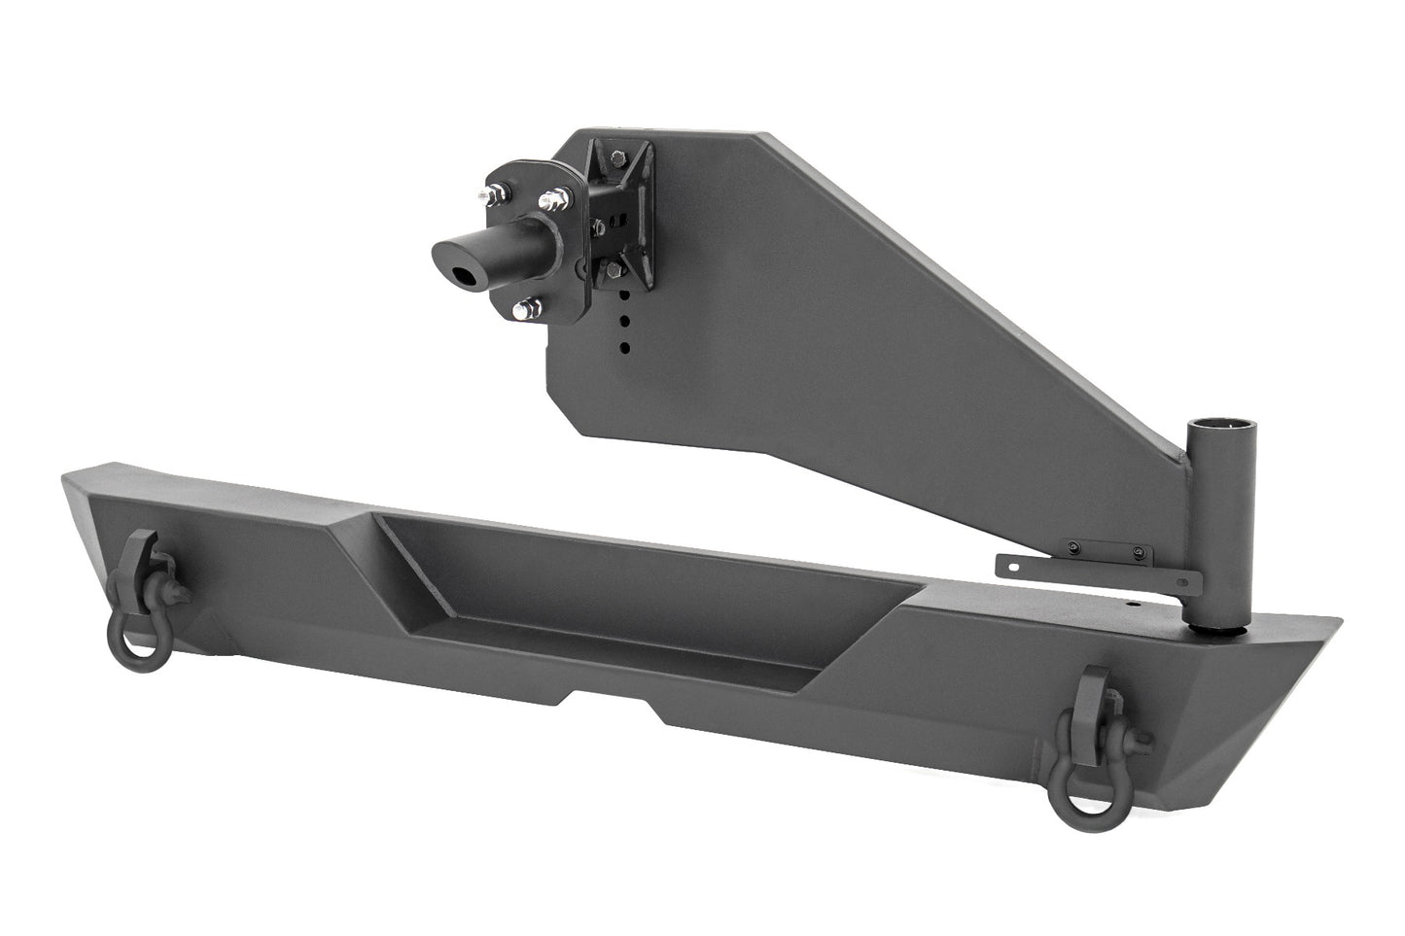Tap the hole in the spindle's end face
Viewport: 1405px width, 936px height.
469,276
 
